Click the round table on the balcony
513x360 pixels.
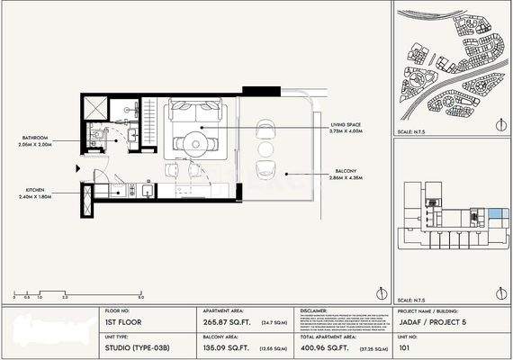[265, 148]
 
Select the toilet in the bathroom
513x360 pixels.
[96, 139]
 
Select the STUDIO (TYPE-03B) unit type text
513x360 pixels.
[127, 345]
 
